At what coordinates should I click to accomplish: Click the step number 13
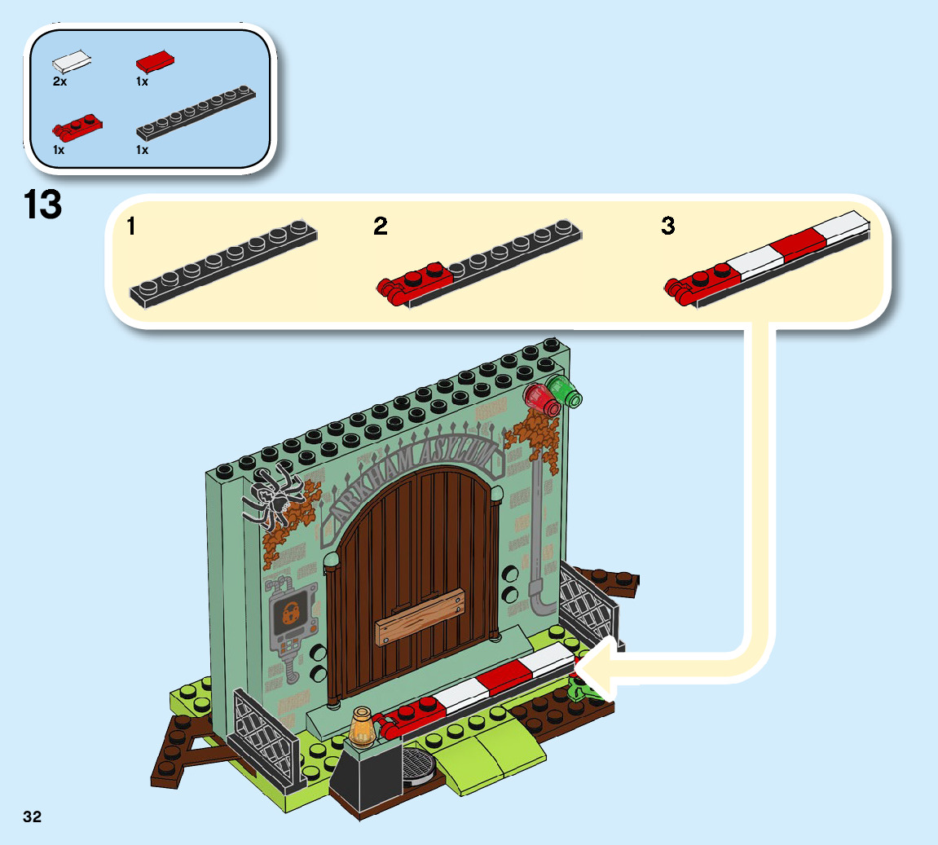click(x=43, y=205)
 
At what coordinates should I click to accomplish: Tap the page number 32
click(x=32, y=816)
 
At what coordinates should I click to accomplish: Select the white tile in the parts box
click(x=72, y=61)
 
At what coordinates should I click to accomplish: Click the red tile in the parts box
click(x=156, y=61)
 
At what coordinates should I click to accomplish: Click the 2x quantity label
click(x=59, y=81)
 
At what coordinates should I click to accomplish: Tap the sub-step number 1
click(x=132, y=227)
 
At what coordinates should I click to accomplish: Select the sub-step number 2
click(x=381, y=227)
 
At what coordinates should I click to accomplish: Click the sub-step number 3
click(x=668, y=227)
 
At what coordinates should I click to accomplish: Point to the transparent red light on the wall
click(x=541, y=398)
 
